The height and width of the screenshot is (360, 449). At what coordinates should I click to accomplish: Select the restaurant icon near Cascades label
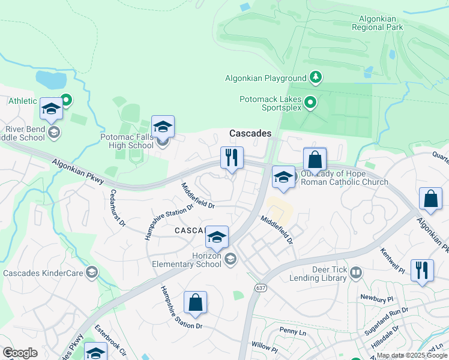click(x=232, y=158)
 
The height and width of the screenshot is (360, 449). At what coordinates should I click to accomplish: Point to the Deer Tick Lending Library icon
click(x=356, y=274)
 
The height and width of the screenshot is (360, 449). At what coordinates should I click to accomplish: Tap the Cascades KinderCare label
click(x=42, y=273)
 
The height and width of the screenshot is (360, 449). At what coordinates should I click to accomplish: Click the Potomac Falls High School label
click(x=127, y=141)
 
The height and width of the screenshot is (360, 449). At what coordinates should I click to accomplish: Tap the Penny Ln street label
click(x=293, y=331)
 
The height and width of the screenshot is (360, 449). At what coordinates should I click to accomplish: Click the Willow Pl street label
click(x=265, y=347)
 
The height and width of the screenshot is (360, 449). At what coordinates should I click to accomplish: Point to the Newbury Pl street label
click(x=376, y=298)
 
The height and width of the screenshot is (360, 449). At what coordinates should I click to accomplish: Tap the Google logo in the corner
click(x=20, y=353)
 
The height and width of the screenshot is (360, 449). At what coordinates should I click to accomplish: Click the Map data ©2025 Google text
click(x=412, y=355)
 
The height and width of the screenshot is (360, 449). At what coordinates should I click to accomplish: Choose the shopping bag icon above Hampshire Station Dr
click(x=196, y=303)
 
